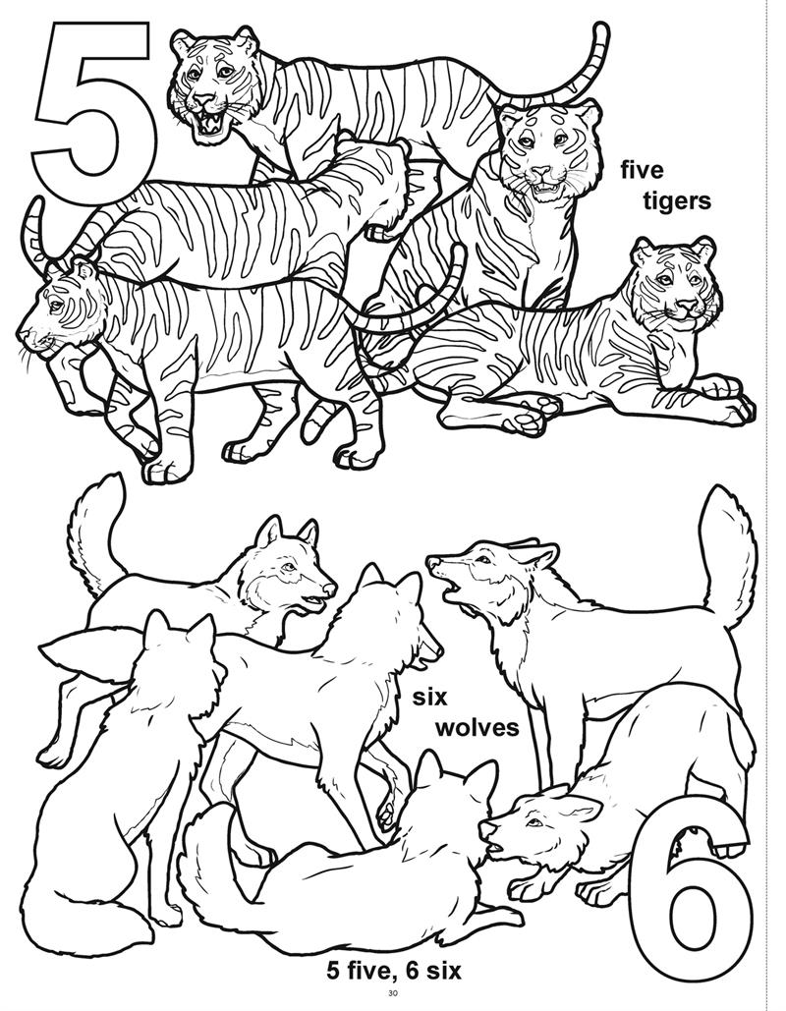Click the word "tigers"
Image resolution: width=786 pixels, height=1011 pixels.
point(676,201)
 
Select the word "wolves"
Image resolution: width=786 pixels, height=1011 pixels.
point(477,728)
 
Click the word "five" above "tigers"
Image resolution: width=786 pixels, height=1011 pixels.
point(643,171)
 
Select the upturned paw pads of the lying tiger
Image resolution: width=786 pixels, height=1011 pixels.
point(536,413)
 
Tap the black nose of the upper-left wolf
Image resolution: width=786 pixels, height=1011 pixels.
point(330,588)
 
